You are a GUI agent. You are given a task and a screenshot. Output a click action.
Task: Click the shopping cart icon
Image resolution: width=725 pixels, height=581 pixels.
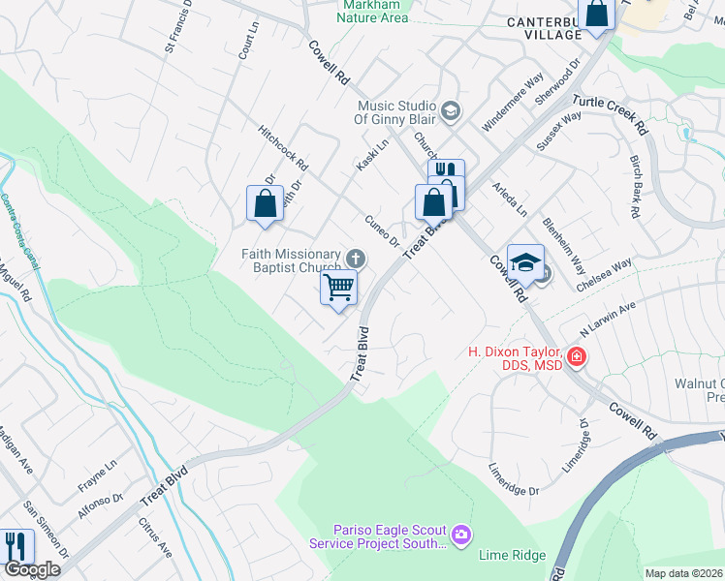[x=338, y=287]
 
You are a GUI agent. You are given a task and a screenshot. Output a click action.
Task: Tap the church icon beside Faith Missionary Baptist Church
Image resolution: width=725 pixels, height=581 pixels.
[x=357, y=258]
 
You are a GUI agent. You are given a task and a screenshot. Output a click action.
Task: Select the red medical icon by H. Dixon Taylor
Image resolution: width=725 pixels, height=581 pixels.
[x=576, y=357]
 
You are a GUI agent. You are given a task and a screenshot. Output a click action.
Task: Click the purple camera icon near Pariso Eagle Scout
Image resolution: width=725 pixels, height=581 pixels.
[x=461, y=535]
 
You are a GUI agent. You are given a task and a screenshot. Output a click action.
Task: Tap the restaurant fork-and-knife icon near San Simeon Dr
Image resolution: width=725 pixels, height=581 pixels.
[x=15, y=547]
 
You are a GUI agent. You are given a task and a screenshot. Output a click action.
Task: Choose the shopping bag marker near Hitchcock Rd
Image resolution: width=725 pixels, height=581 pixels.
[x=265, y=203]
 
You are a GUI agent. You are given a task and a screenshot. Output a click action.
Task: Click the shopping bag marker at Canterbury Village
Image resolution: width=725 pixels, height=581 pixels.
[x=598, y=14]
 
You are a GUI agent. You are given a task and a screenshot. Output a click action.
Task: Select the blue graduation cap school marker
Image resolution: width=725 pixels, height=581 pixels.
[x=524, y=262]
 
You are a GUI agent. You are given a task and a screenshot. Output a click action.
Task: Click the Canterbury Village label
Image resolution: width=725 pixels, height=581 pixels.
[x=544, y=27]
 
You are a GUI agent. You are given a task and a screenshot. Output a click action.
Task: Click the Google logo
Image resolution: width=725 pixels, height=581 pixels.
[x=32, y=570]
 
